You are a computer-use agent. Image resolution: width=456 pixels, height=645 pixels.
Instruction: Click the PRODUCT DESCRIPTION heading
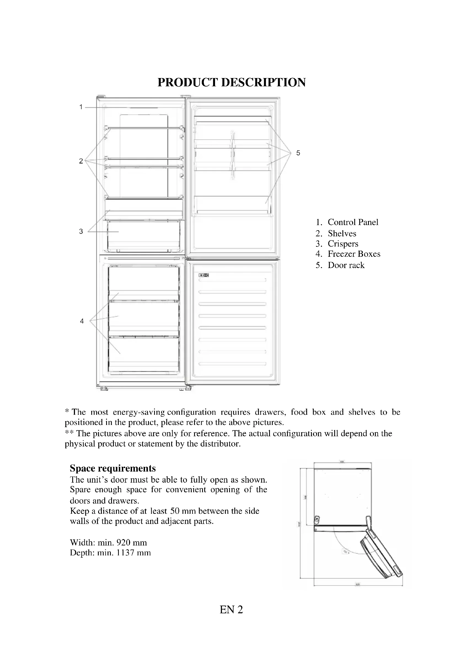pos(231,82)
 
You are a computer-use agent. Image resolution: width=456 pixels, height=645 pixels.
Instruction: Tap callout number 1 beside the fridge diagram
pos(81,107)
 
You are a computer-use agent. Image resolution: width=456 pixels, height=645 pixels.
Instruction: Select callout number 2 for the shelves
pos(81,161)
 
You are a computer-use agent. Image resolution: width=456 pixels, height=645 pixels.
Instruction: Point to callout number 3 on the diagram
pos(81,231)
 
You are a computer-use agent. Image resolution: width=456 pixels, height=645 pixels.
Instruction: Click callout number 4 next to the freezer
pos(82,321)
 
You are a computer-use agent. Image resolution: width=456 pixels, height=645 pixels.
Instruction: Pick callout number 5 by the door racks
pos(298,153)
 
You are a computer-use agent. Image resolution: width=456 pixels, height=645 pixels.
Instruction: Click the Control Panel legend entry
pos(353,222)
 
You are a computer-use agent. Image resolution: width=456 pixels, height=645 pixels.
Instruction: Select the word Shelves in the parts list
pos(342,234)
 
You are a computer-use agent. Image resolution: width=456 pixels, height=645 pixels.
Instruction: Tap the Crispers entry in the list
pos(343,244)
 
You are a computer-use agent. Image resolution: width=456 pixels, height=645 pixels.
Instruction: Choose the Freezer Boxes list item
pos(354,254)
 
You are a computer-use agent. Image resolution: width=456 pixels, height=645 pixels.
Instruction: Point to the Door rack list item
pos(346,265)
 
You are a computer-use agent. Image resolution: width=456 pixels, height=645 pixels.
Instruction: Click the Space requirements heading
pos(112,468)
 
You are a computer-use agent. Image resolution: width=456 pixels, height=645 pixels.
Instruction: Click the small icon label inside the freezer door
pos(204,275)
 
